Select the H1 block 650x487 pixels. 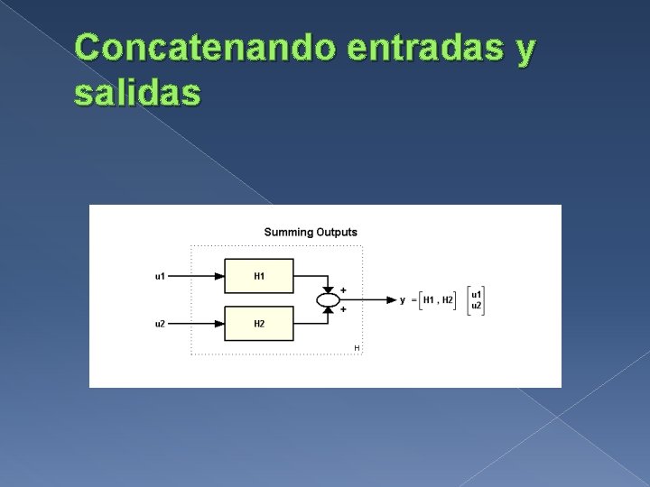click(259, 275)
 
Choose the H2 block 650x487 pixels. click(259, 323)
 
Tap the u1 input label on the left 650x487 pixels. click(160, 276)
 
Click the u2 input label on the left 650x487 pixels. click(160, 324)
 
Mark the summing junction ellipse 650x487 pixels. click(327, 299)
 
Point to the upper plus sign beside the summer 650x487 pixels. click(343, 289)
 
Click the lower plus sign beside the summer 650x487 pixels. click(343, 309)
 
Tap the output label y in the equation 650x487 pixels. click(403, 300)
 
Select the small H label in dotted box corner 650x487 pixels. click(357, 347)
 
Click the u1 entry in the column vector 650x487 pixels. click(477, 294)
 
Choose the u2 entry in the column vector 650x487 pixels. click(477, 306)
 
